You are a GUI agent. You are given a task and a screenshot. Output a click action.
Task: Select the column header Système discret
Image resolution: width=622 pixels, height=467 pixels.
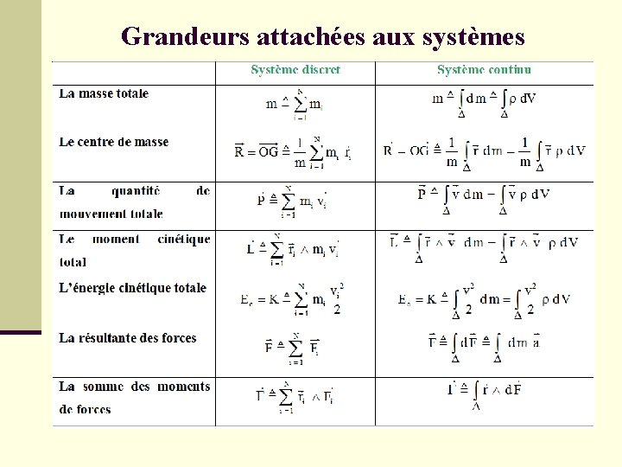click(295, 70)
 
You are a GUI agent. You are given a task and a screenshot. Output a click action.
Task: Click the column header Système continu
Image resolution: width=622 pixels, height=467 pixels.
click(484, 70)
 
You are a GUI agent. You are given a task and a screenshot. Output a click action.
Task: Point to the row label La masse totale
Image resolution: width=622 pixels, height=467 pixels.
click(104, 93)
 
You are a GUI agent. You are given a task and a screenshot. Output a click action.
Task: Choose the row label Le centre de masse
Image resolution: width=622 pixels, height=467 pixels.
click(114, 142)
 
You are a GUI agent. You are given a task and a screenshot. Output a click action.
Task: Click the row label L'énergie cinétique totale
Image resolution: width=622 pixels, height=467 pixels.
click(133, 288)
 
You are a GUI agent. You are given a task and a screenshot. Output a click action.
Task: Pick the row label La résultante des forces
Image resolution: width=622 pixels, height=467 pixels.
click(128, 338)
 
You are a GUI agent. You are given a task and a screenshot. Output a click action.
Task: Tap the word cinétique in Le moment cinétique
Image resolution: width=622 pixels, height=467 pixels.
click(184, 239)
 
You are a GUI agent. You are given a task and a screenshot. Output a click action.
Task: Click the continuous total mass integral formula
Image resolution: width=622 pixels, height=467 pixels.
click(484, 102)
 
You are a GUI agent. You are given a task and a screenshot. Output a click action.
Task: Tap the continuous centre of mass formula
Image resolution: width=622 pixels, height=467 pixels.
click(484, 152)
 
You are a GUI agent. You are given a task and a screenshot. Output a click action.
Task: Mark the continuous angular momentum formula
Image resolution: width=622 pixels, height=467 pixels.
click(484, 246)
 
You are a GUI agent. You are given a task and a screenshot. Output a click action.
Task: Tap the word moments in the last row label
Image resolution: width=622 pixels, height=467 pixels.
click(182, 387)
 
